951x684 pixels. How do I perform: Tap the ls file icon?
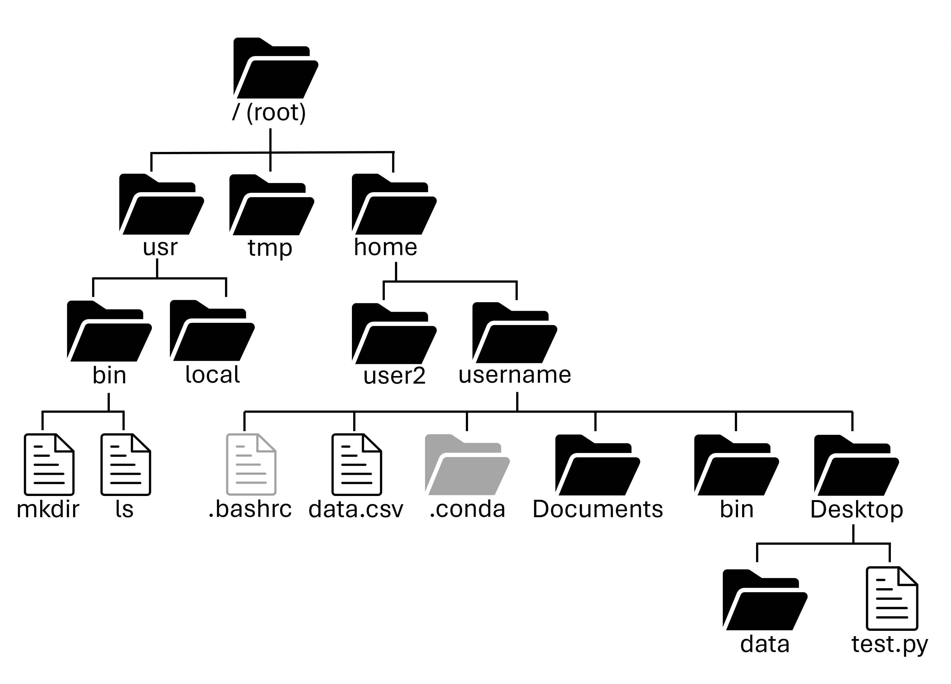click(126, 465)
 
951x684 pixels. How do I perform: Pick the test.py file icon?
click(892, 599)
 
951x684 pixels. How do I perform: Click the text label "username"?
click(515, 374)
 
